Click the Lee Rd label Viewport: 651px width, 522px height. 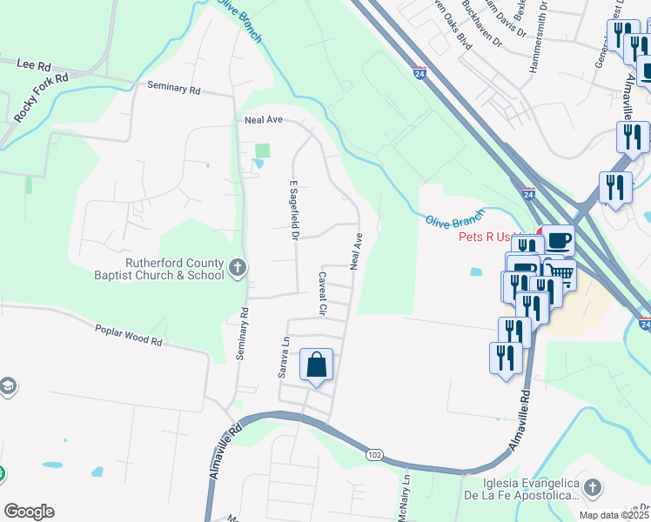tap(34, 65)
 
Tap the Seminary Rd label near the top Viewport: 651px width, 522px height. tap(174, 88)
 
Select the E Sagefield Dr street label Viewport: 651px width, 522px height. tap(294, 211)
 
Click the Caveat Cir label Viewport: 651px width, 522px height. tap(321, 293)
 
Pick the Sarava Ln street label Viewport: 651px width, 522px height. tap(283, 358)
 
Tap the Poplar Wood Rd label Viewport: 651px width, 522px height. tap(128, 335)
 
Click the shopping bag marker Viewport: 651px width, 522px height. tap(317, 365)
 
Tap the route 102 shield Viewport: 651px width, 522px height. tap(375, 455)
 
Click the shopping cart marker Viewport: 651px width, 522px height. tap(561, 274)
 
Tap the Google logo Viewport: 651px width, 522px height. tap(29, 512)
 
